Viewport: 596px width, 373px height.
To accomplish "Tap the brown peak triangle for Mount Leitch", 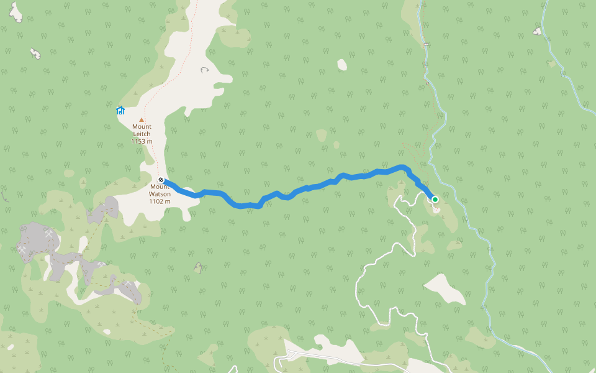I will pos(142,119).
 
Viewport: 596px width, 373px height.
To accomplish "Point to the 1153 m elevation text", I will pos(142,141).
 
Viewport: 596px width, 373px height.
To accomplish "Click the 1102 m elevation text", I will pos(160,201).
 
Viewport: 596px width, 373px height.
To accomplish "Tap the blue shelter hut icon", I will pos(120,111).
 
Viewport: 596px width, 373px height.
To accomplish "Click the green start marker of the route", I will pos(435,200).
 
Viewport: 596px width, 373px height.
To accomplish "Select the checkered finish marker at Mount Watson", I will pos(161,180).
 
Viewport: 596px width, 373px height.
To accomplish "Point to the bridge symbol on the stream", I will pos(426,45).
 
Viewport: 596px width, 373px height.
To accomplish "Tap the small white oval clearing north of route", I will pos(341,64).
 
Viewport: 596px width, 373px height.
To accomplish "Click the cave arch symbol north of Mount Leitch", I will pos(204,70).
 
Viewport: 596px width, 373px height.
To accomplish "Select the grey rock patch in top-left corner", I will pos(16,12).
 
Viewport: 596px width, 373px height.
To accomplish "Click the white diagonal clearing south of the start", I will pos(445,289).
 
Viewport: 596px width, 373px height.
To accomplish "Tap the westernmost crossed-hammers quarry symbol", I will pos(23,249).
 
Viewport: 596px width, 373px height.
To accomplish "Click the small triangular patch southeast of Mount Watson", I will pos(198,268).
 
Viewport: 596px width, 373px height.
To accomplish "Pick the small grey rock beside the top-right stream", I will pos(537,31).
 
